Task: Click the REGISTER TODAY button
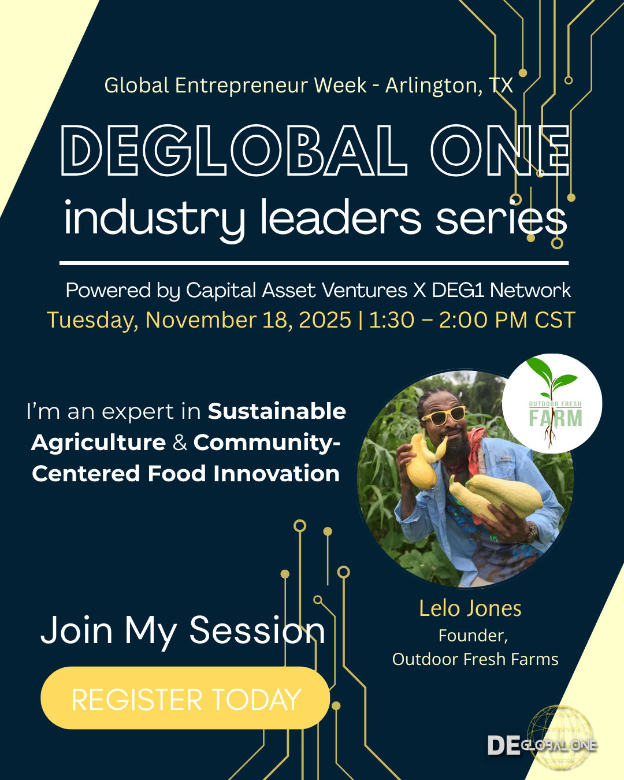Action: [x=185, y=699]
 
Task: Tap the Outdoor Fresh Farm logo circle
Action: [x=552, y=403]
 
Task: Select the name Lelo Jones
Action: [x=470, y=608]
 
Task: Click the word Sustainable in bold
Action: [x=277, y=411]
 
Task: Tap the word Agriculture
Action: [x=99, y=443]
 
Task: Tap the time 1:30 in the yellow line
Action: [x=391, y=320]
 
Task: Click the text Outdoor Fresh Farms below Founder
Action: [x=475, y=659]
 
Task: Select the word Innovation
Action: [x=276, y=474]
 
